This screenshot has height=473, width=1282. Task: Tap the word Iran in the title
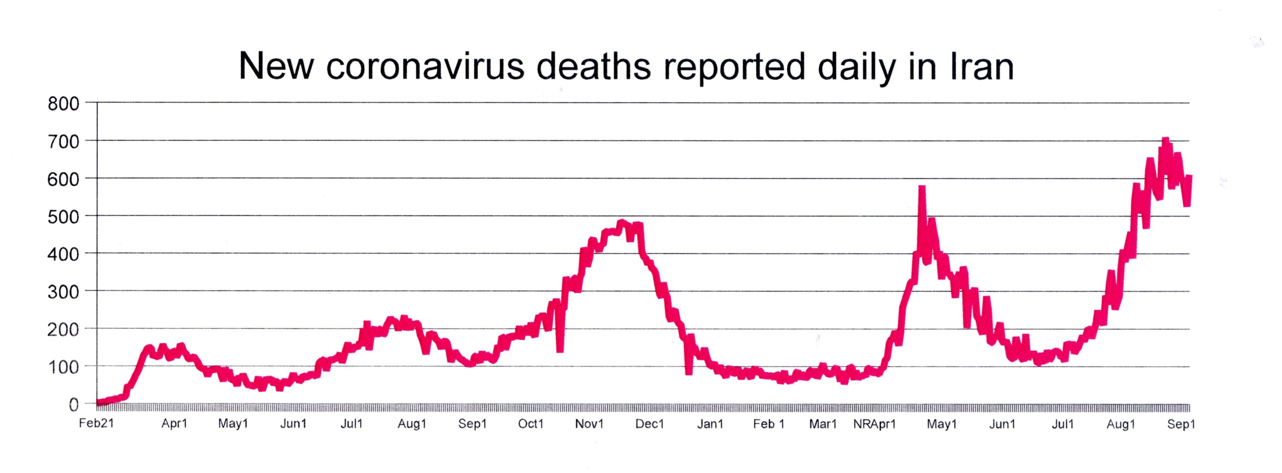(x=982, y=67)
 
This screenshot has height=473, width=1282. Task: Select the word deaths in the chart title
(x=593, y=67)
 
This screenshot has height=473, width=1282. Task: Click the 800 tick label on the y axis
(x=64, y=104)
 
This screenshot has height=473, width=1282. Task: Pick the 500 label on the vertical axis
(x=64, y=216)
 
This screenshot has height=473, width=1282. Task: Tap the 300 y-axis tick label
(x=64, y=292)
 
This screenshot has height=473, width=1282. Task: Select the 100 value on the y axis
(x=64, y=367)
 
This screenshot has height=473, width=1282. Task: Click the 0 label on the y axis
(x=74, y=404)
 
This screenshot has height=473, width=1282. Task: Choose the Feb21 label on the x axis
(x=96, y=423)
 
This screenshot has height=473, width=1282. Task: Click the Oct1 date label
(x=530, y=424)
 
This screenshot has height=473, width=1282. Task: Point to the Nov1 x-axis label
(x=589, y=424)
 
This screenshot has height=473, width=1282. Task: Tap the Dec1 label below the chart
(x=649, y=424)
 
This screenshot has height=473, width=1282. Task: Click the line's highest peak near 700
(x=1165, y=141)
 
